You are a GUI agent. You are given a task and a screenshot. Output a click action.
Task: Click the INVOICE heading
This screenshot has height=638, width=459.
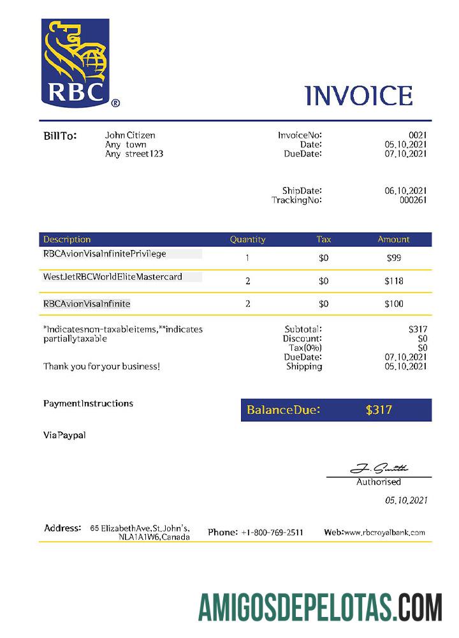point(359,96)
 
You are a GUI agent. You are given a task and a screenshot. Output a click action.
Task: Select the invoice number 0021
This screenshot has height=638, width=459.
point(418,135)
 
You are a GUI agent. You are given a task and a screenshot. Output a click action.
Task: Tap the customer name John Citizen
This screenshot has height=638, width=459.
point(130,135)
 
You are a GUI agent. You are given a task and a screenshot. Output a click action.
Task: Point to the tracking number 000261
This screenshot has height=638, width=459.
point(413,200)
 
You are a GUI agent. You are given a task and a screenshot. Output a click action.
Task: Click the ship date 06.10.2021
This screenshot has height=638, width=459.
point(405,191)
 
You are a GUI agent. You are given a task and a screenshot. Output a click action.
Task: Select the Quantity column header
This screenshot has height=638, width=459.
point(247,239)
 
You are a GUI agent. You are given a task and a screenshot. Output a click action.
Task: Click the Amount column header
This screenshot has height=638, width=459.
point(393,239)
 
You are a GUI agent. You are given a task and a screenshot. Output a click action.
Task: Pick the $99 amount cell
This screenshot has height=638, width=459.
point(394,258)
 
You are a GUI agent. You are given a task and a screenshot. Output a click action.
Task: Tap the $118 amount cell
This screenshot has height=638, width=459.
point(394,281)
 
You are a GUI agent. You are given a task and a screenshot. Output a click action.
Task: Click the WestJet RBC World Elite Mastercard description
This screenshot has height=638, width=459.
point(113,277)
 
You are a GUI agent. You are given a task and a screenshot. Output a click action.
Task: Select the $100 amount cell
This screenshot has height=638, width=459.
point(394,304)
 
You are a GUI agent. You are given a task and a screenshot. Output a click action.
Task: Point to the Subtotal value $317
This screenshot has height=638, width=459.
point(418,329)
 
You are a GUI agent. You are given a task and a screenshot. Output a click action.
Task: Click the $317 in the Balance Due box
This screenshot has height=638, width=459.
point(379,410)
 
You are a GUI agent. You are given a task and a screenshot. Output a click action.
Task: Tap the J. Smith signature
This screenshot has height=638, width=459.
point(379,469)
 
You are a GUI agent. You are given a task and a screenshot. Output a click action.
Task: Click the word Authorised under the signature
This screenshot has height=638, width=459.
point(379,482)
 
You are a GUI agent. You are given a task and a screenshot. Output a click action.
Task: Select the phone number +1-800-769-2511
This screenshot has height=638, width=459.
point(272,532)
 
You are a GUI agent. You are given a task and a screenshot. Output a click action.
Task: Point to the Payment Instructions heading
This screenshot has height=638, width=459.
point(88,403)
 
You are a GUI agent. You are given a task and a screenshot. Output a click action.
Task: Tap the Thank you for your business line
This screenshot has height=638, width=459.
point(101,366)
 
